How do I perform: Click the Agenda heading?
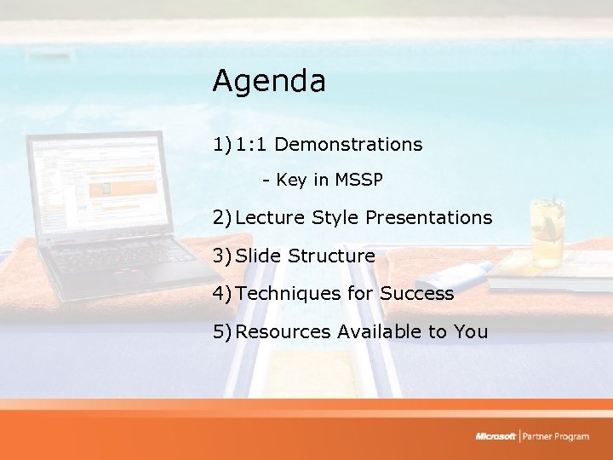268,82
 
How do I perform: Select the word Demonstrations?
348,145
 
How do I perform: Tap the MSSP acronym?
359,181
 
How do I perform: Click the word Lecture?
271,218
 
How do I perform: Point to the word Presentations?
428,218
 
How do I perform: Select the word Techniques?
288,294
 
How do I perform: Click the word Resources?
284,331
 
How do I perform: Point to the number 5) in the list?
222,331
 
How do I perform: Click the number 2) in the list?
222,218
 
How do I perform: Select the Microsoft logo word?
496,436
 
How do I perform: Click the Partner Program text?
557,436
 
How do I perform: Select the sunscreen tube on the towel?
456,274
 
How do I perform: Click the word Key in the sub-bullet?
290,181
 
